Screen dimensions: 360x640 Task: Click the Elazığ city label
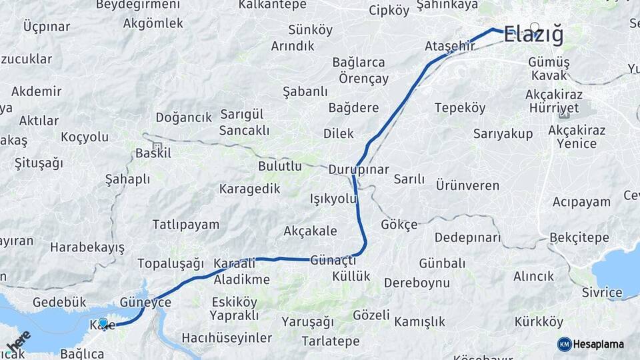(534, 35)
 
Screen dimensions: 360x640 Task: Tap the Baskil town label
(153, 153)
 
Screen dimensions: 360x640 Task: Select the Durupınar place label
(358, 169)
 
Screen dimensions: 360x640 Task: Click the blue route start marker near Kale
(103, 323)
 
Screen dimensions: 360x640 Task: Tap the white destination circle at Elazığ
(534, 27)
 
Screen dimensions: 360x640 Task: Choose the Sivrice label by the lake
(601, 292)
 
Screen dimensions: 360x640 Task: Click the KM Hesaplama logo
(591, 344)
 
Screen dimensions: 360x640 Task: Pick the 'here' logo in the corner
(19, 341)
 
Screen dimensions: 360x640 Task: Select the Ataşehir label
(449, 46)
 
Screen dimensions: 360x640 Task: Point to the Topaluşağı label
(171, 263)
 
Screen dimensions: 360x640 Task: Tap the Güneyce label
(145, 302)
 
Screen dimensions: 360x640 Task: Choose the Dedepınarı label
(467, 237)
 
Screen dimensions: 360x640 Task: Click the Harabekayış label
(87, 248)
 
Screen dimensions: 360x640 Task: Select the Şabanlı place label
(305, 91)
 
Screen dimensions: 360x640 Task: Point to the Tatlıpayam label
(185, 224)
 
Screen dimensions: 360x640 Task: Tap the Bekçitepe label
(579, 237)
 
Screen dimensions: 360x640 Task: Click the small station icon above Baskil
(157, 146)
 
